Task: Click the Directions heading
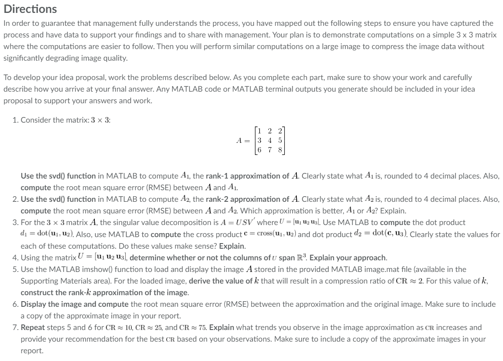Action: [x=30, y=9]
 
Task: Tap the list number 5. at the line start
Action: [x=16, y=269]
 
